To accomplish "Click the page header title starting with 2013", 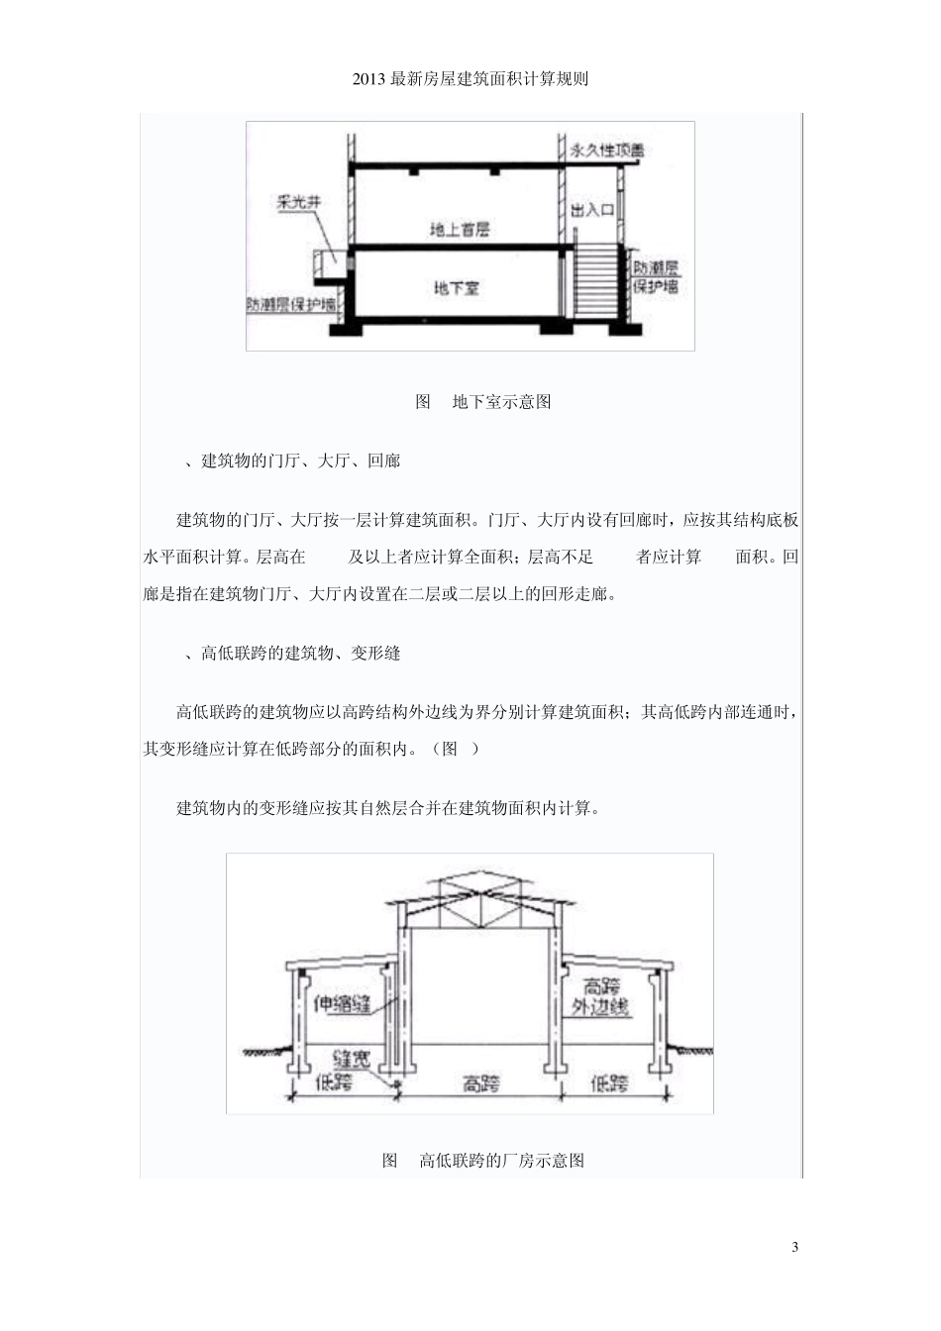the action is pos(470,79).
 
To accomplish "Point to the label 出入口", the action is pos(593,210).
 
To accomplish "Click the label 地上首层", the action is pos(460,230).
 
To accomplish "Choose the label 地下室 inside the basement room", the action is pos(457,288).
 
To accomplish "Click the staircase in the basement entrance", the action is pos(597,281).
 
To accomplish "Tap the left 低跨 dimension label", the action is pos(334,1083).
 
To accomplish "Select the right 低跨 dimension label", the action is pos(609,1083).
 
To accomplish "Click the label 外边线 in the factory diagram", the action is pos(601,1008).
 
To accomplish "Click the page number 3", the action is pos(795,1246).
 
